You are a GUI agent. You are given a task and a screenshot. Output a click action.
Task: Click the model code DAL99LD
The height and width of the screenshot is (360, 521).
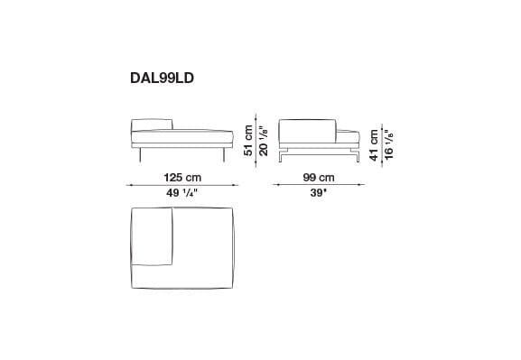click(x=163, y=78)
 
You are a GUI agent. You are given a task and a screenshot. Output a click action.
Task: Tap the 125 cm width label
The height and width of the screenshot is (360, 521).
click(x=181, y=177)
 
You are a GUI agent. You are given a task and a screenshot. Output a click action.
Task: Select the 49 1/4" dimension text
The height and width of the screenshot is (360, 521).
click(x=181, y=192)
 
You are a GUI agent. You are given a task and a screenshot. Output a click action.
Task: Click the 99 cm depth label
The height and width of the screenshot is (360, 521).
click(x=319, y=177)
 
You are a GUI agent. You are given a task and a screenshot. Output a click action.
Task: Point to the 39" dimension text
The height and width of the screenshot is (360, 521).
click(x=319, y=192)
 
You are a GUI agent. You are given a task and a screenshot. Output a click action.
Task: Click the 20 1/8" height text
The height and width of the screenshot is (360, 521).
click(x=265, y=140)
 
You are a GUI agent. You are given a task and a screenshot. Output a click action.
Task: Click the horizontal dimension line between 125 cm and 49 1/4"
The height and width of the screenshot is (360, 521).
click(x=181, y=184)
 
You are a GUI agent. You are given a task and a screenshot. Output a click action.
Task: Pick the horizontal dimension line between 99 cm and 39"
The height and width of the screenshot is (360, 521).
click(x=319, y=184)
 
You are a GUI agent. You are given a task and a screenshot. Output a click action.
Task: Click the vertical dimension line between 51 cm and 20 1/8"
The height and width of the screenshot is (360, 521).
click(x=257, y=140)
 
